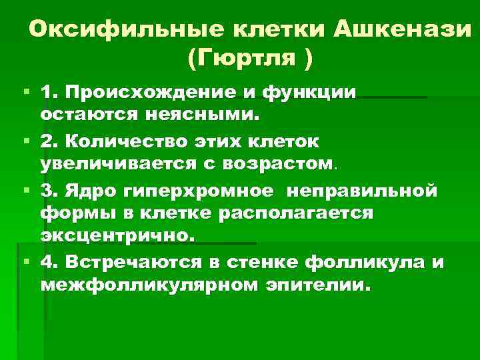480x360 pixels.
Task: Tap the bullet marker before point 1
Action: [x=25, y=91]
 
